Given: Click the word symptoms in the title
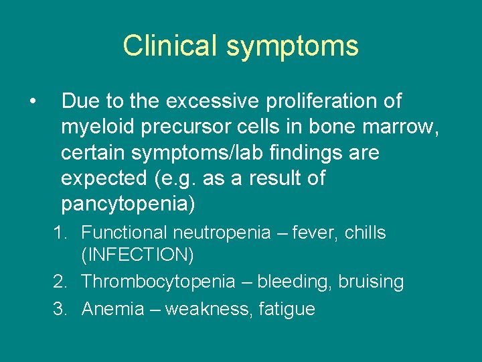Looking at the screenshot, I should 293,46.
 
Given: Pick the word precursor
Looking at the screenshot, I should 190,127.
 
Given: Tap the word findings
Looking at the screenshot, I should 309,154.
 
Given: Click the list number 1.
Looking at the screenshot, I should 62,233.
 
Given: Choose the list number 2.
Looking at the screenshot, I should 62,282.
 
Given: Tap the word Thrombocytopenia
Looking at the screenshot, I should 158,282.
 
